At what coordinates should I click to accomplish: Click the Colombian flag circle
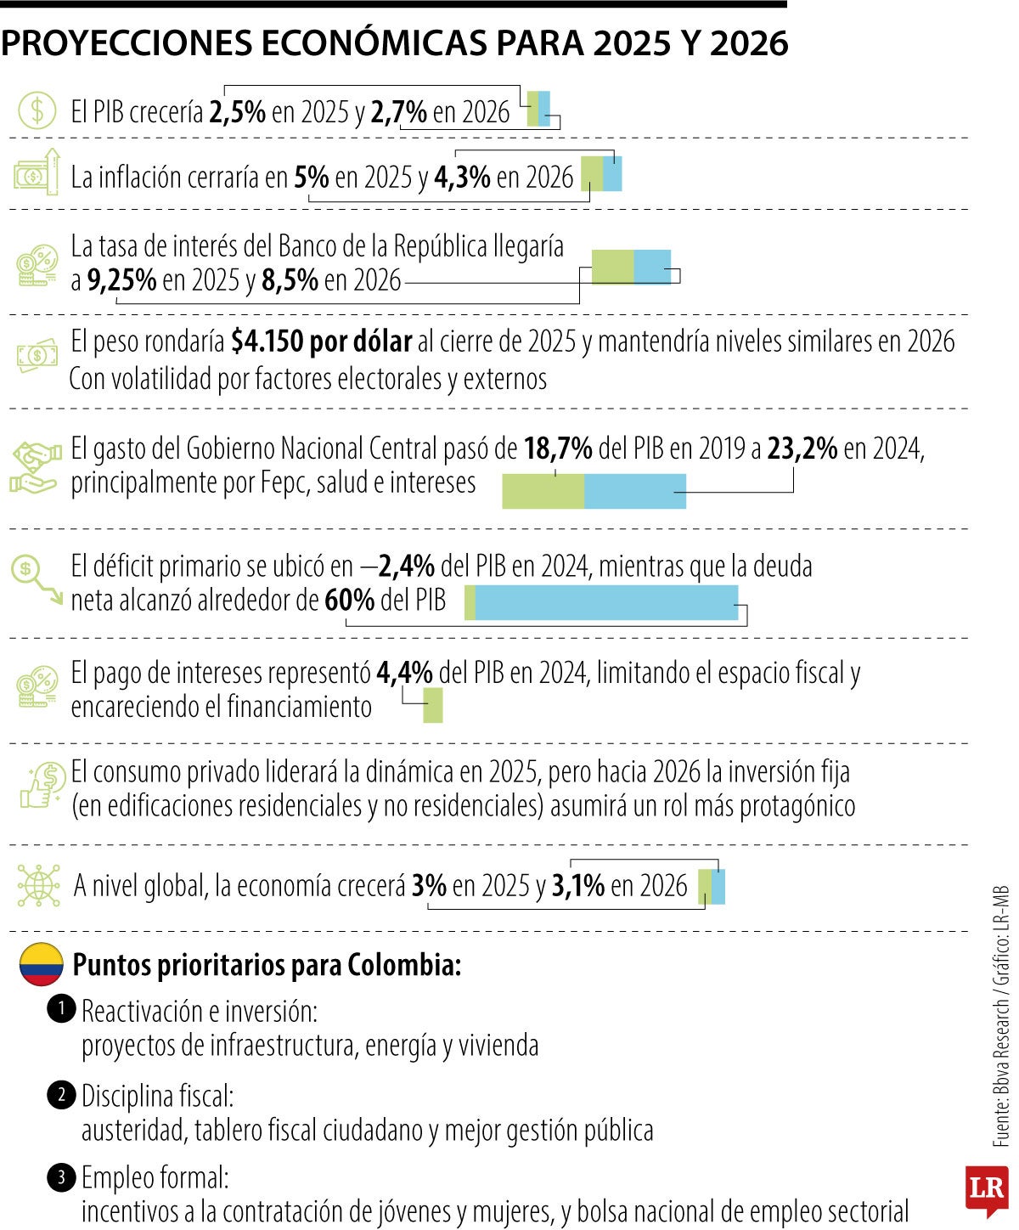tap(41, 964)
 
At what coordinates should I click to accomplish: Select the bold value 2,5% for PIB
tap(237, 112)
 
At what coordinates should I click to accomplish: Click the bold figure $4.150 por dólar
tap(321, 341)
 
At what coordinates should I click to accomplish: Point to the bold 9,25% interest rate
tap(121, 279)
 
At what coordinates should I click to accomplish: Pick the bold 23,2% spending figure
tap(802, 449)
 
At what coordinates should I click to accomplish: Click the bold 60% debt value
tap(349, 601)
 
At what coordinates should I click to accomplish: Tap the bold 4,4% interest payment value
tap(404, 673)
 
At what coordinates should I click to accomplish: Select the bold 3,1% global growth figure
tap(577, 886)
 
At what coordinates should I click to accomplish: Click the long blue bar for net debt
tap(605, 602)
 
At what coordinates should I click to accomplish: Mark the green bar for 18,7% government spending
tap(543, 492)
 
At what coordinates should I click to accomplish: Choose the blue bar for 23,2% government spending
tap(634, 492)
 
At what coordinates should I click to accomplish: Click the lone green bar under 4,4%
tap(432, 706)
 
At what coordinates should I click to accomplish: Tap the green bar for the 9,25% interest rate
tap(612, 267)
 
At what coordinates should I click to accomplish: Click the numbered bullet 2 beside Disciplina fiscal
tap(61, 1095)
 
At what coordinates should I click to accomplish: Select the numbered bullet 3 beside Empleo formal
tap(61, 1178)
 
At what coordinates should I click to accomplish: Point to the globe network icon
tap(38, 885)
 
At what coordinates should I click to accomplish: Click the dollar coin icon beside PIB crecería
tap(37, 110)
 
